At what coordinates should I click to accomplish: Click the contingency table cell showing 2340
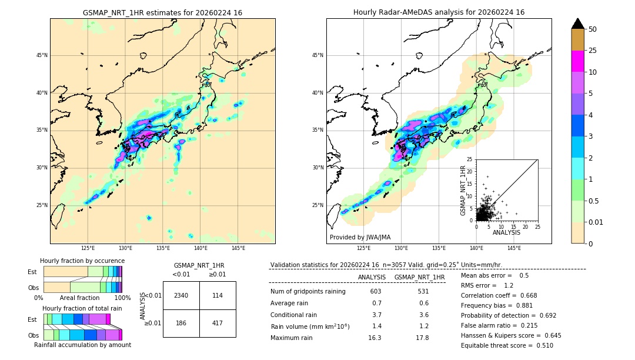coord(181,295)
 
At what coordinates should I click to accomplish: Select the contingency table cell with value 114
coord(218,295)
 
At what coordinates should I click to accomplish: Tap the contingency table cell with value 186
coord(181,323)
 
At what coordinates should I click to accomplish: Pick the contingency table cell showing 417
coord(218,323)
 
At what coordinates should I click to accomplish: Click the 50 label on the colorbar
coord(593,29)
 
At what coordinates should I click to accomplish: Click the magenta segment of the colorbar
coord(577,61)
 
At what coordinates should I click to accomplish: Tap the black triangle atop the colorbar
coord(577,24)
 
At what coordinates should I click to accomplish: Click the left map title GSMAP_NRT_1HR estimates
coord(162,12)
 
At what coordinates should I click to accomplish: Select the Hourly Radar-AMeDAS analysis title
coord(439,12)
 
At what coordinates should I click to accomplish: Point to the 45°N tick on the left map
coord(41,55)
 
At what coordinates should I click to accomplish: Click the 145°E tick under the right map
coord(514,248)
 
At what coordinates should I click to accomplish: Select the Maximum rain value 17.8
coord(422,338)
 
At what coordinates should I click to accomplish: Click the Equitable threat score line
coord(507,345)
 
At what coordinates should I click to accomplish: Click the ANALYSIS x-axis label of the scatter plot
coord(506,232)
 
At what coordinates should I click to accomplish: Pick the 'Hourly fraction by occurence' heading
coord(82,261)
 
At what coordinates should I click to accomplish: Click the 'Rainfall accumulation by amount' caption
coord(82,345)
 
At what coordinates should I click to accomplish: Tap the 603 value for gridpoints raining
coord(376,292)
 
